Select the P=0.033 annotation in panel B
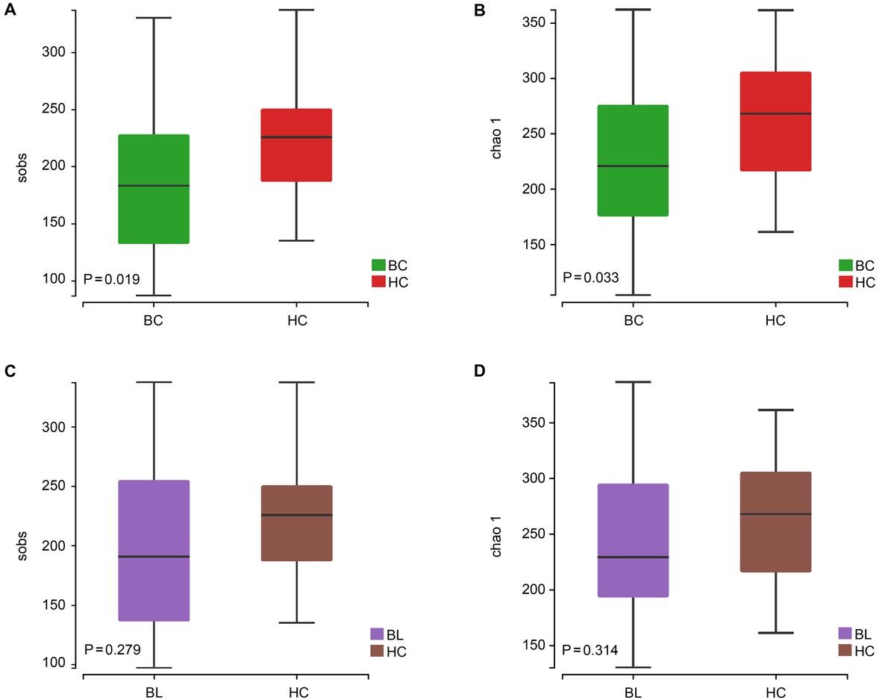coord(591,278)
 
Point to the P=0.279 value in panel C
coord(112,649)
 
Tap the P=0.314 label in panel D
coord(591,649)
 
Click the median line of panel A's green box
coord(154,185)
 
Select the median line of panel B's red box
coord(775,113)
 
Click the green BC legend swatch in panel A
coord(378,265)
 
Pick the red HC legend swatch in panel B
coord(845,282)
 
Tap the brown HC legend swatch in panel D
coord(845,650)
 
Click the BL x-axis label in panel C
coord(154,693)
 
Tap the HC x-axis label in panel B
coord(775,321)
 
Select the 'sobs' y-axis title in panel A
coord(22,167)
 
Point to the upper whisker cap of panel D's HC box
coord(775,410)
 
